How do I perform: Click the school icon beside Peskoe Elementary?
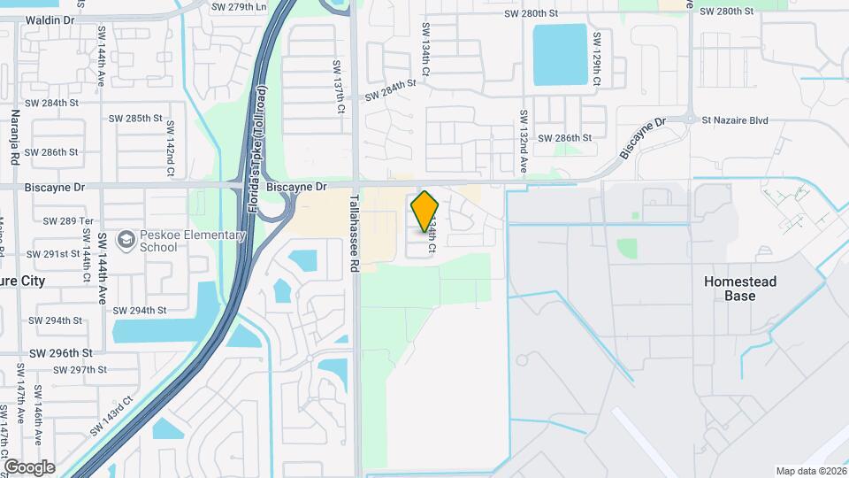click(x=126, y=240)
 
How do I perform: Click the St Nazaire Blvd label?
click(x=735, y=120)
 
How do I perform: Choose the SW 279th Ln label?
click(x=239, y=7)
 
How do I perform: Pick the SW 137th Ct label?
click(x=338, y=87)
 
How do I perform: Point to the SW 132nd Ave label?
click(x=524, y=142)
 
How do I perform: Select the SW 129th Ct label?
click(x=597, y=59)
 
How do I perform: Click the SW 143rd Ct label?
click(x=111, y=415)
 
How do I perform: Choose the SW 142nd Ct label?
click(x=169, y=146)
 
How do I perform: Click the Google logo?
click(x=29, y=466)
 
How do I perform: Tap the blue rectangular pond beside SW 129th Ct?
click(x=560, y=55)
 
